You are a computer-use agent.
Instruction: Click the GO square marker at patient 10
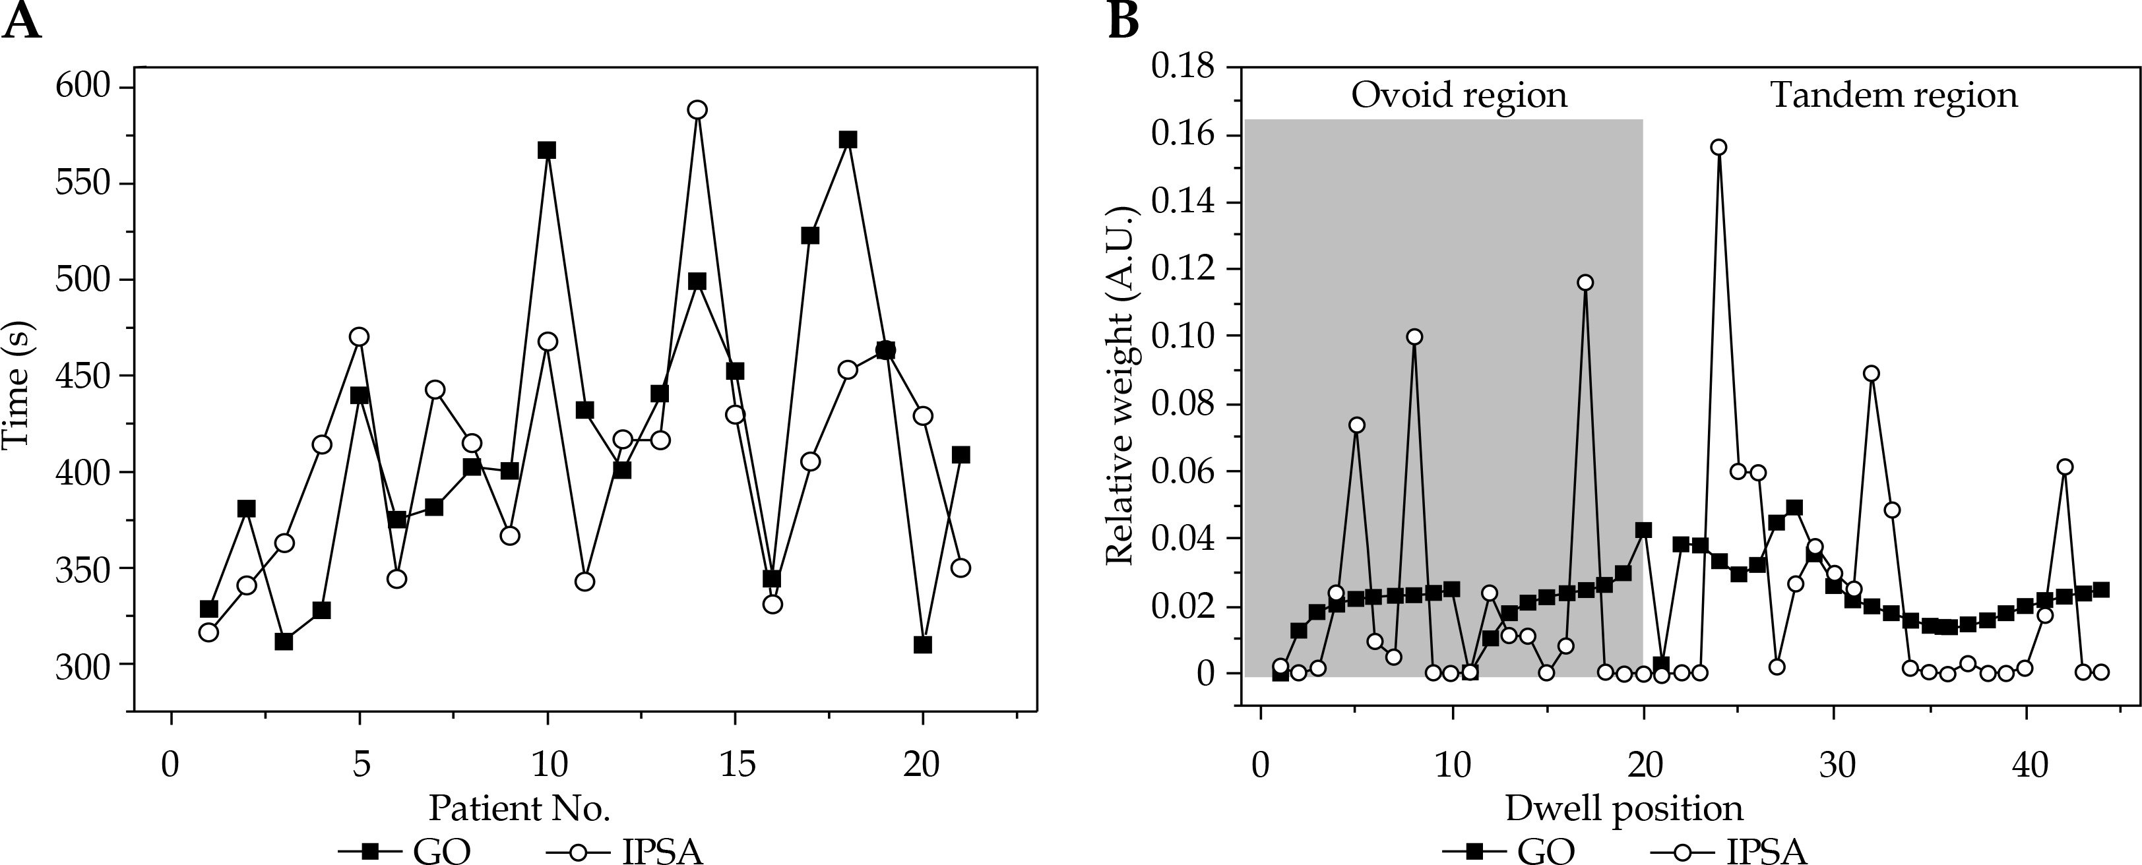coord(546,150)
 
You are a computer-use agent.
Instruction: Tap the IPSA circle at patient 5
coord(360,336)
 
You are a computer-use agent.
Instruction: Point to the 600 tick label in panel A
coord(83,86)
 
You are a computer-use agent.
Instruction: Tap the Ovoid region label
coord(1459,95)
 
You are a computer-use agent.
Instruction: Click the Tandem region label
coord(1894,95)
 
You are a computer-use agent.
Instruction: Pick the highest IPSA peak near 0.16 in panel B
coord(1718,147)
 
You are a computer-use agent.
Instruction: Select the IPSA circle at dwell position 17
coord(1585,283)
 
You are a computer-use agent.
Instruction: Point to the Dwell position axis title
coord(1624,808)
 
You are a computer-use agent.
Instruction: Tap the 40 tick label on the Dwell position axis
coord(2029,763)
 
